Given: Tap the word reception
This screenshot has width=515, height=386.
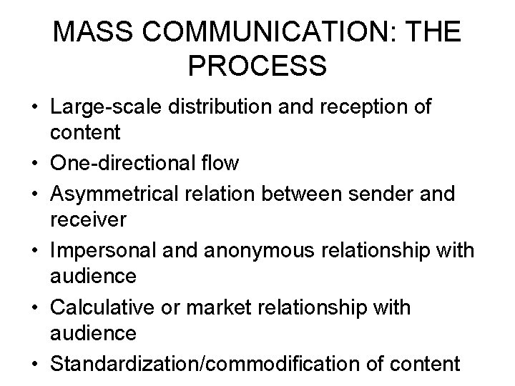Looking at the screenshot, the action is click(x=361, y=107).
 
